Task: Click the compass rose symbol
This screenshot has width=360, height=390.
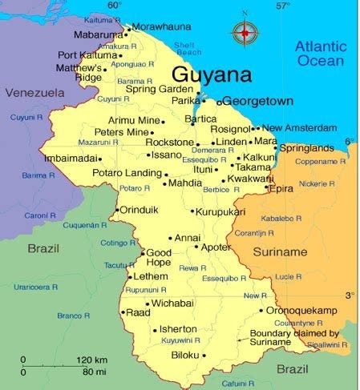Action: coord(244,32)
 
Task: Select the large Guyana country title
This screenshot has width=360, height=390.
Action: coord(211,74)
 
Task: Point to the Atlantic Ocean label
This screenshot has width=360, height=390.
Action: coord(320,53)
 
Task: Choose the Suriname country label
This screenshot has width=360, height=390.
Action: coord(280,251)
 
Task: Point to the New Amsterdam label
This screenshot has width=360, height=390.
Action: coord(299,127)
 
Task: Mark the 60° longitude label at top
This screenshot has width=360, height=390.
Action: coord(115,6)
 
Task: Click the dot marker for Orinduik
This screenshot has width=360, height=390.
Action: coord(115,211)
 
